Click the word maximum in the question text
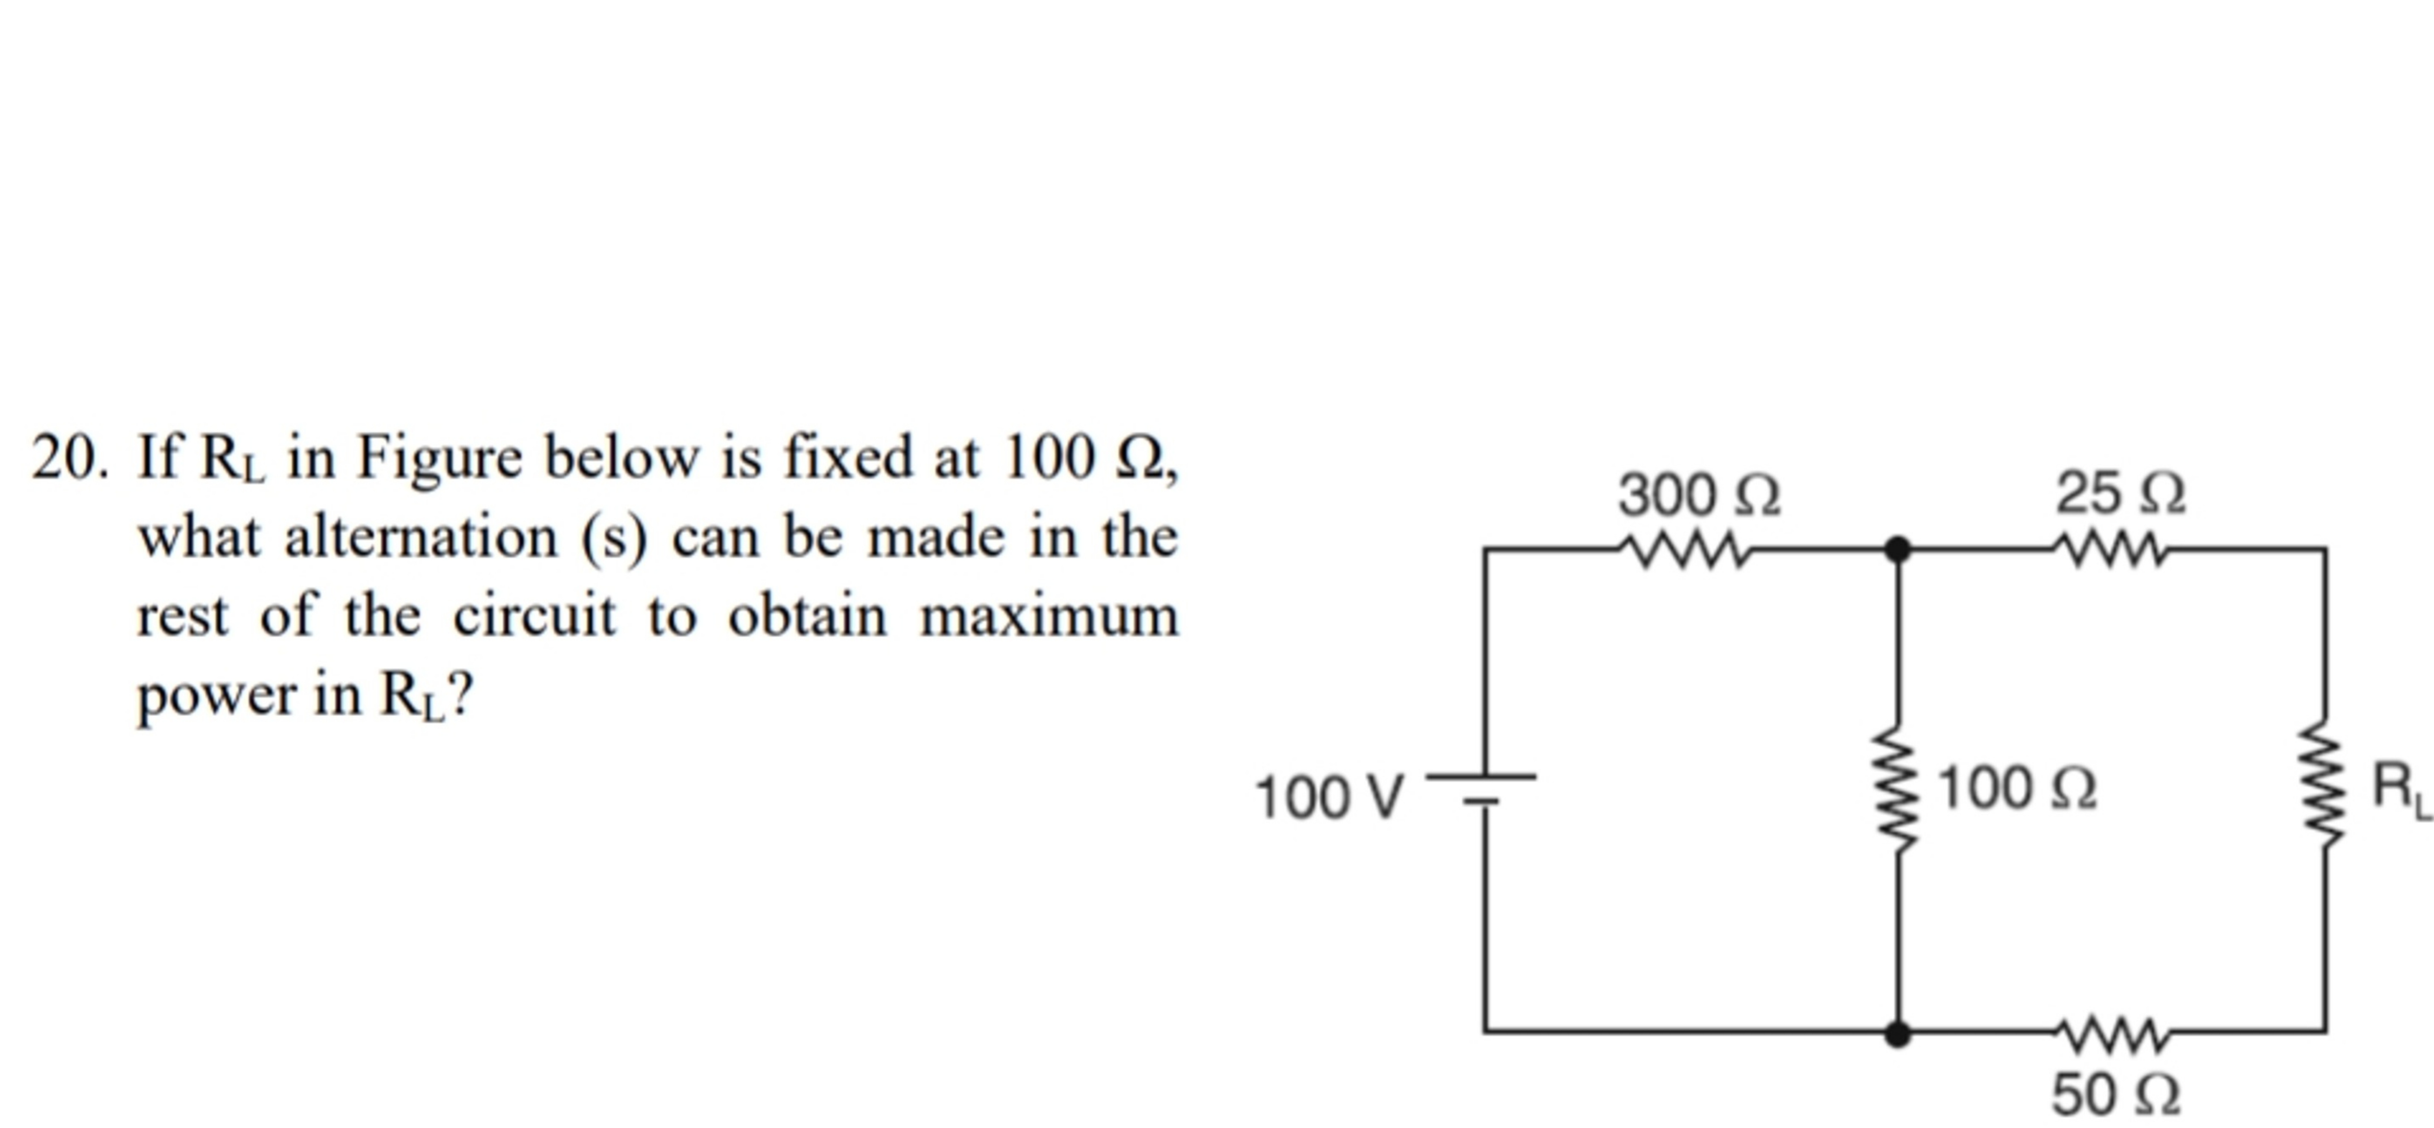tap(1049, 617)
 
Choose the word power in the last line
tap(215, 697)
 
